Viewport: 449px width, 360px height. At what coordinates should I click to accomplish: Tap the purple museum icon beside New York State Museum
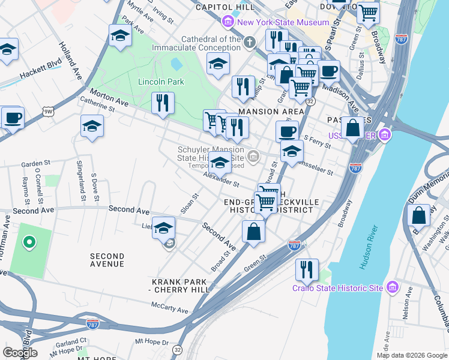coord(228,23)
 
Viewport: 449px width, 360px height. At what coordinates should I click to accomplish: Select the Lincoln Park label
coord(161,82)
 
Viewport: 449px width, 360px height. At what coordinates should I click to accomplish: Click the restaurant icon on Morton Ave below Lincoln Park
coord(163,104)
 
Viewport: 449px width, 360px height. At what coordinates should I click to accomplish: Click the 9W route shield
coord(48,111)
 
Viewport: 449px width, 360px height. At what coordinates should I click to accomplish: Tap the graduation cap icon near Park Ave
coord(120,37)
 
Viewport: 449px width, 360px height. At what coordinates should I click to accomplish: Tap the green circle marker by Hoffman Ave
coord(28,242)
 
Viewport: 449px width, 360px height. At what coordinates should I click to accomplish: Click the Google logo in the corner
coord(20,352)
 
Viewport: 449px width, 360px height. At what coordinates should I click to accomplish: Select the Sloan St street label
coord(191,205)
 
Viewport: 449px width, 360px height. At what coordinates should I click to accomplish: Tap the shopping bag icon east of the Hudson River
coord(418,216)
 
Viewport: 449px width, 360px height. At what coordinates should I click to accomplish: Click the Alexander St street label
coord(221,179)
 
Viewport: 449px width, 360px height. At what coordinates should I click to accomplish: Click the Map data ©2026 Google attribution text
coord(411,355)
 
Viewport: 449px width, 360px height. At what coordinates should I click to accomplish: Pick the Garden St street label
coord(35,163)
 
